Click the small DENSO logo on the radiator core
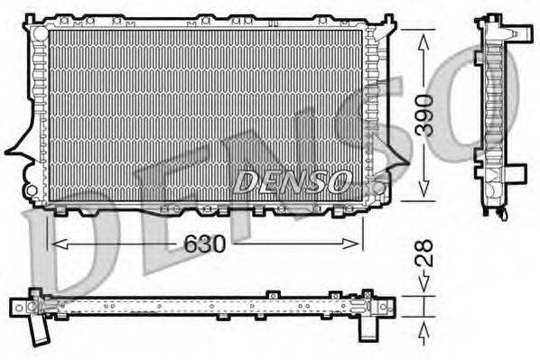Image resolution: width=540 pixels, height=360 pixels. pos(291,181)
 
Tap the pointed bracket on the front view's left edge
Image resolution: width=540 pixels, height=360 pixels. pos(15,149)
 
